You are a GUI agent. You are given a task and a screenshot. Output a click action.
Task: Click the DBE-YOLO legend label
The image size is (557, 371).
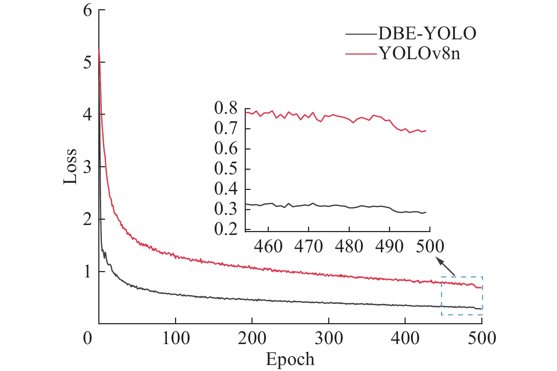427,34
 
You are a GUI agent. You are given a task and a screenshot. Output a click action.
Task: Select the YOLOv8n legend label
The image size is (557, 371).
420,54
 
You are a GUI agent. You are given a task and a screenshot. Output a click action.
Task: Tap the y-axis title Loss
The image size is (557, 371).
70,166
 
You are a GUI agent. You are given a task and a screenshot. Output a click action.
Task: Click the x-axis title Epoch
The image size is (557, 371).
290,359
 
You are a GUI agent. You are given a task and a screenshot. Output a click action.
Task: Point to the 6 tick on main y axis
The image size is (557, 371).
88,10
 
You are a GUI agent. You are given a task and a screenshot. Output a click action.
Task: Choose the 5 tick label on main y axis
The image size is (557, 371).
88,62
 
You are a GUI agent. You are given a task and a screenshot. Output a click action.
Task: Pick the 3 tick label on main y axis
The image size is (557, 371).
88,167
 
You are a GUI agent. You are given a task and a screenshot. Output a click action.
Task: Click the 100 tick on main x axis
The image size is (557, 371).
176,338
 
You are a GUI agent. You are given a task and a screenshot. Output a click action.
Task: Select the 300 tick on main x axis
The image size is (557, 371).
329,338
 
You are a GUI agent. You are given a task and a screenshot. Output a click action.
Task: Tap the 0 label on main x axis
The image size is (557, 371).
88,338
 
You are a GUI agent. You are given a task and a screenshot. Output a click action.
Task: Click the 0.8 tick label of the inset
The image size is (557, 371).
226,108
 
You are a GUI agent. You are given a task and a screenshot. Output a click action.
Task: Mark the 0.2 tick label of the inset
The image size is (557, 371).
226,230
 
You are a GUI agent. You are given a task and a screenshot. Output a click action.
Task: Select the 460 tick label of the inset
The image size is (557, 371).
268,247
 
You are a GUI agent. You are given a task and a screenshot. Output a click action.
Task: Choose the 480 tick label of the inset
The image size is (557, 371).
349,247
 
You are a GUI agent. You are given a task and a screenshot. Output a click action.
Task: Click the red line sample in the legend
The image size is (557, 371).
361,54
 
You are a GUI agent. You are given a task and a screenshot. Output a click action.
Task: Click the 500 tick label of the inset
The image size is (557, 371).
430,247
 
